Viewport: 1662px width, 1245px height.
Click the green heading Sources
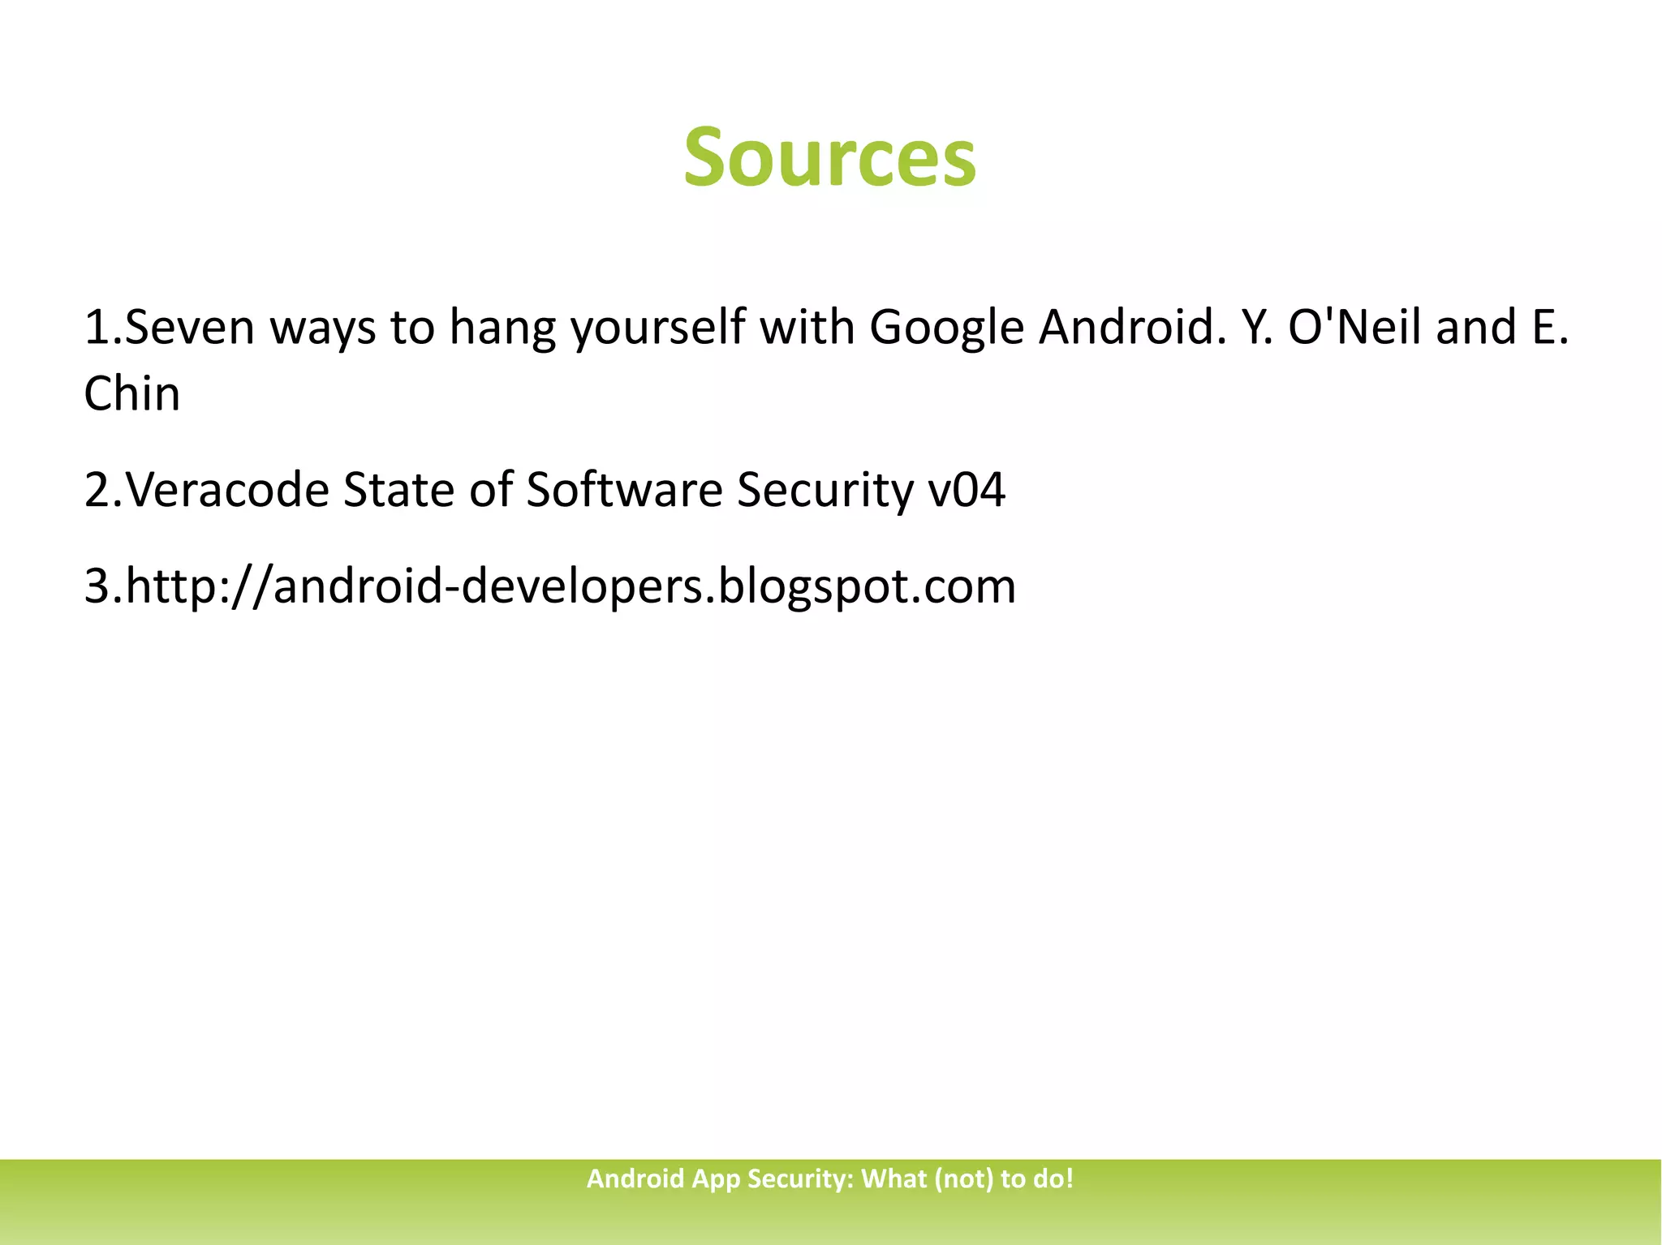(829, 157)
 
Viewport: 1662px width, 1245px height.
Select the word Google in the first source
(946, 328)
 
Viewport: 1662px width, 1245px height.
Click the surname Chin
(132, 394)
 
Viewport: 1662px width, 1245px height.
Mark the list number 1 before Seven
(96, 328)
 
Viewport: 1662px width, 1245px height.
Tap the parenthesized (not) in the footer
(964, 1178)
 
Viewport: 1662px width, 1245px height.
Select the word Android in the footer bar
(635, 1178)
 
